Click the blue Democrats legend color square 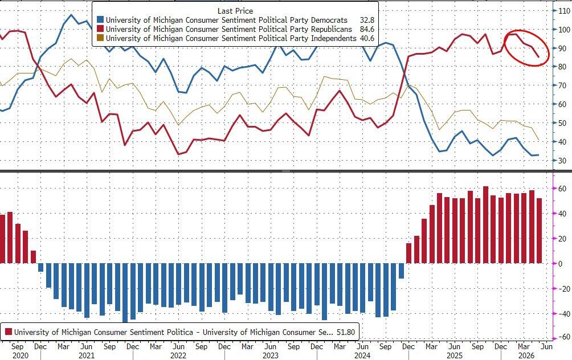(x=100, y=20)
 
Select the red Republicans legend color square (x=100, y=29)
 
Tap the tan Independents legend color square (x=100, y=38)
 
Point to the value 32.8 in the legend (x=367, y=20)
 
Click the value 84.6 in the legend (x=367, y=29)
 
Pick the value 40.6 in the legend (x=367, y=38)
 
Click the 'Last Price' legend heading (x=235, y=11)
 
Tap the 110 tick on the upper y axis (x=564, y=11)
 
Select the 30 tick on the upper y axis (x=562, y=161)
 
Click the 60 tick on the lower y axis (x=562, y=189)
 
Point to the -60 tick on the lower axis (x=563, y=337)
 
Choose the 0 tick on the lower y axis (x=561, y=263)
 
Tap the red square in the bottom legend (x=8, y=332)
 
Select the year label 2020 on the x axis (x=17, y=355)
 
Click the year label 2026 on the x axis (x=524, y=355)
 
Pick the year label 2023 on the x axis (x=270, y=355)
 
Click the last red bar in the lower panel (x=539, y=231)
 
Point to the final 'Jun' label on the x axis (x=546, y=346)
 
